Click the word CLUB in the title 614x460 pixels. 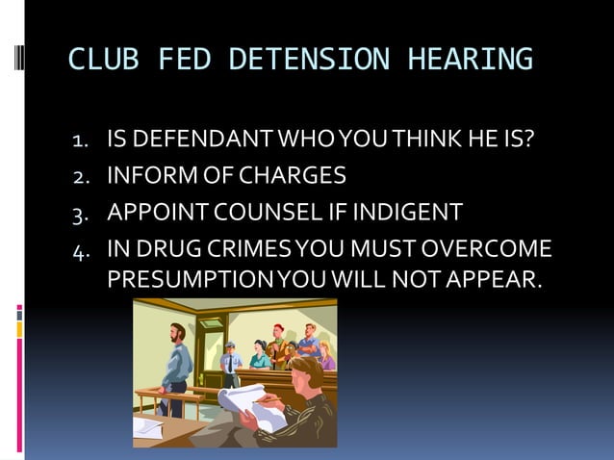[x=99, y=61]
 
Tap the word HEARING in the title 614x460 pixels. [x=471, y=61]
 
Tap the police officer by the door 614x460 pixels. [x=232, y=364]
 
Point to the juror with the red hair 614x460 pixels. [x=278, y=337]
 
